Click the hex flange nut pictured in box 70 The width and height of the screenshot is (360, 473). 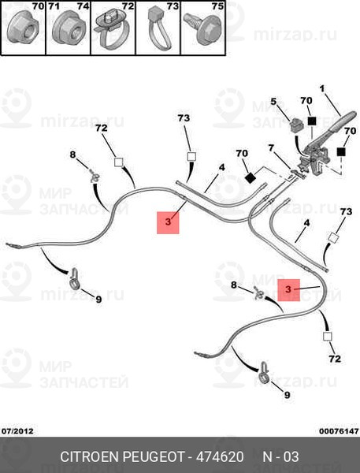click(21, 29)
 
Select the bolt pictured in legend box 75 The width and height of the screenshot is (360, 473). click(202, 29)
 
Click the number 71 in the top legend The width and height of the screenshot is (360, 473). click(54, 6)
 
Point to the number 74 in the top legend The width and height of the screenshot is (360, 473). click(83, 6)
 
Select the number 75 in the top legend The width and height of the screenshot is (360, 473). click(217, 6)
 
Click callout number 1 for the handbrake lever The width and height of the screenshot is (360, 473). click(322, 88)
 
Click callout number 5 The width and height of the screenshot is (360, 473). click(273, 102)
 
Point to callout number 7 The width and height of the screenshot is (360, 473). click(271, 148)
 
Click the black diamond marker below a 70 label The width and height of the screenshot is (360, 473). click(250, 177)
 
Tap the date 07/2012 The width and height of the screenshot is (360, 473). click(17, 431)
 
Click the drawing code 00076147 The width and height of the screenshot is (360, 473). click(339, 431)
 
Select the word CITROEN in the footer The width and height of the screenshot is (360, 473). click(90, 456)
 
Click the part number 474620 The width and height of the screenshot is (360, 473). click(220, 456)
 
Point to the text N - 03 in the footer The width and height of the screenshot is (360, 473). click(281, 456)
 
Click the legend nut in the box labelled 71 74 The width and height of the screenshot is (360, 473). click(67, 30)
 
